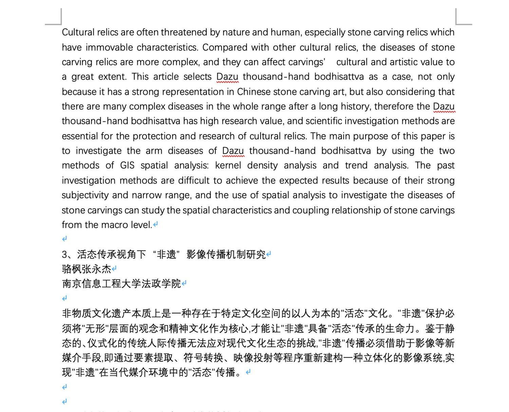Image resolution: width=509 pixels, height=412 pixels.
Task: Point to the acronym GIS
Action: [x=127, y=165]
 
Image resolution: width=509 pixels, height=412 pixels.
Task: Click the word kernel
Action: [x=228, y=165]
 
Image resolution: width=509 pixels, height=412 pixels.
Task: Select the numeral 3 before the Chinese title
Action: [x=64, y=254]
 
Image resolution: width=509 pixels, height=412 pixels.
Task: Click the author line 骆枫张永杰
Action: [x=87, y=269]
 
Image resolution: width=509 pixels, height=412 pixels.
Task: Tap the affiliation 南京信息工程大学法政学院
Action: [x=121, y=284]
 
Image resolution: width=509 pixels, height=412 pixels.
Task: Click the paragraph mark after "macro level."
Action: [x=155, y=225]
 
